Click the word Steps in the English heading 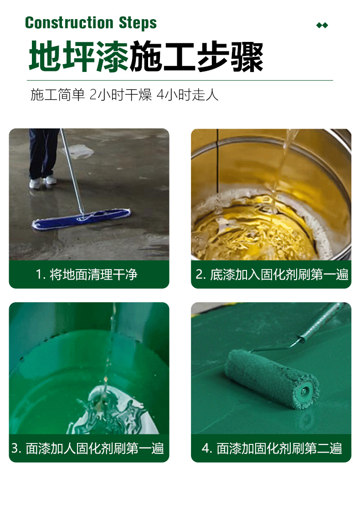pos(138,23)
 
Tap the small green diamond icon pos(322,25)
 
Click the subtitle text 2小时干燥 pos(121,95)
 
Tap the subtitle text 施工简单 pos(58,95)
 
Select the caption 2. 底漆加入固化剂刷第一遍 pos(272,275)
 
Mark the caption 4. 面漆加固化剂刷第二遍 pos(272,448)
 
